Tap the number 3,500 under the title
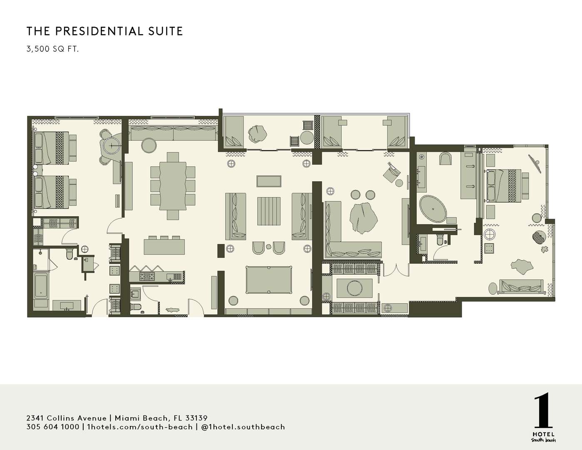(x=37, y=49)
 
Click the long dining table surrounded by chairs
(x=173, y=186)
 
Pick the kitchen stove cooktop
(x=147, y=276)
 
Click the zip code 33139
(x=196, y=418)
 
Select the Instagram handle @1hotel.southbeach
(x=243, y=427)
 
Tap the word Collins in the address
(x=61, y=418)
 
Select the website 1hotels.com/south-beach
(x=139, y=427)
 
